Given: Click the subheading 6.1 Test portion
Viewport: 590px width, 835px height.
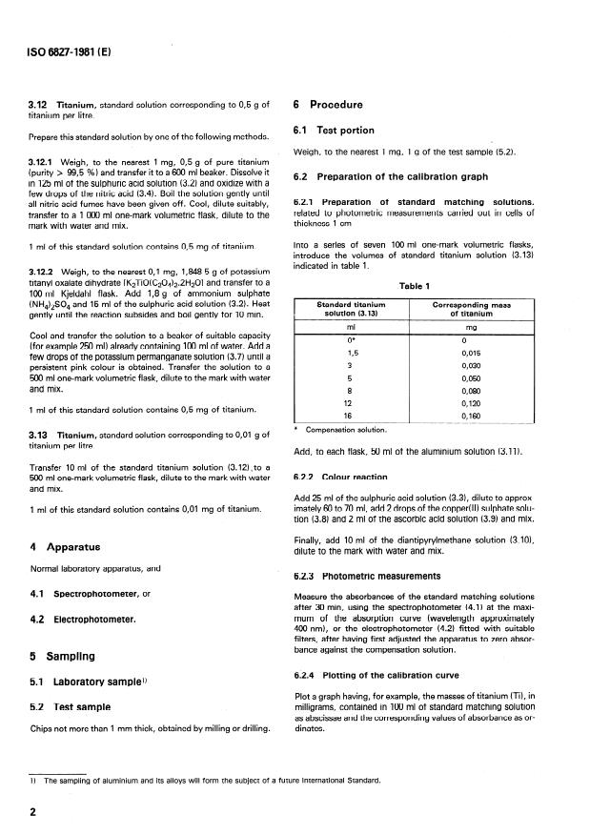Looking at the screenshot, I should click(x=334, y=131).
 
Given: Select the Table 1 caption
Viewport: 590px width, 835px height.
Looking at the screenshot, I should click(x=419, y=285).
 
